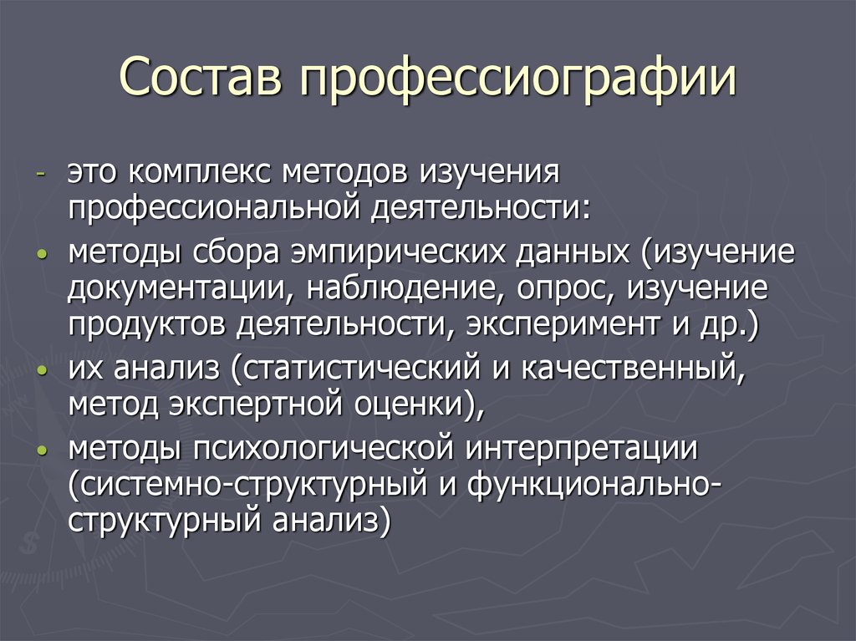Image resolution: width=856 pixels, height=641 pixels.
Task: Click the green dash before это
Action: pyautogui.click(x=40, y=172)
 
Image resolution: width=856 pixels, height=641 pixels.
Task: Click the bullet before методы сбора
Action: pyautogui.click(x=41, y=254)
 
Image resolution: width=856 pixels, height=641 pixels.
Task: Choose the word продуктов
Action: pyautogui.click(x=148, y=323)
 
